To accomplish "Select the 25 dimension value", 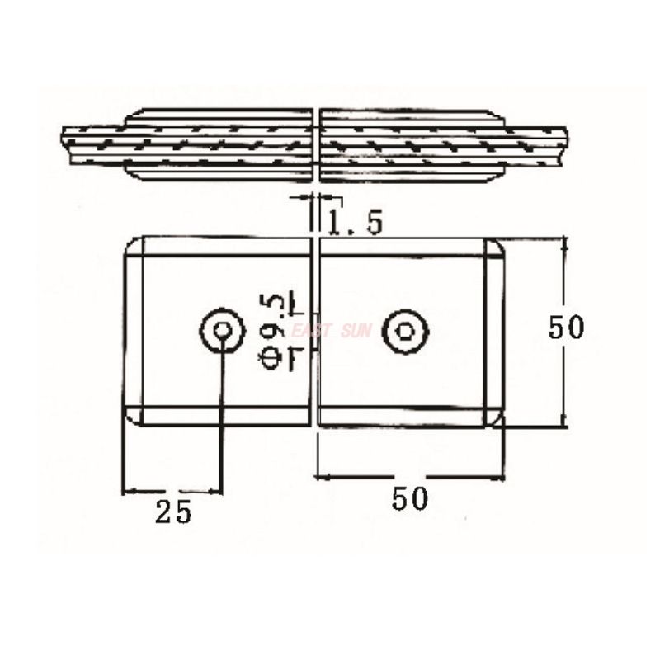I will coord(173,512).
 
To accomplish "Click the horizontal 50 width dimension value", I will coord(410,498).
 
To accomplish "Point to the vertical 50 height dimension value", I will coord(566,328).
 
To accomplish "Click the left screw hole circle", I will coord(222,331).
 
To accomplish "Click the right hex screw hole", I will coord(404,331).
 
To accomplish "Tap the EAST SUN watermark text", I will coord(330,332).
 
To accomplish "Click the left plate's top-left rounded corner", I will coord(133,246).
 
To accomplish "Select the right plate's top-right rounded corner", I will coord(497,246).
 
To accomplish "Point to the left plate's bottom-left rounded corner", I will coord(133,417).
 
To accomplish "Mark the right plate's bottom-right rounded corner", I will coord(497,417).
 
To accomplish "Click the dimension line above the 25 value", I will coord(172,491).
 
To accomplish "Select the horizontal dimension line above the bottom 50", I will coord(410,477).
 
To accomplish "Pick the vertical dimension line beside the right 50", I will coord(565,371).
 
